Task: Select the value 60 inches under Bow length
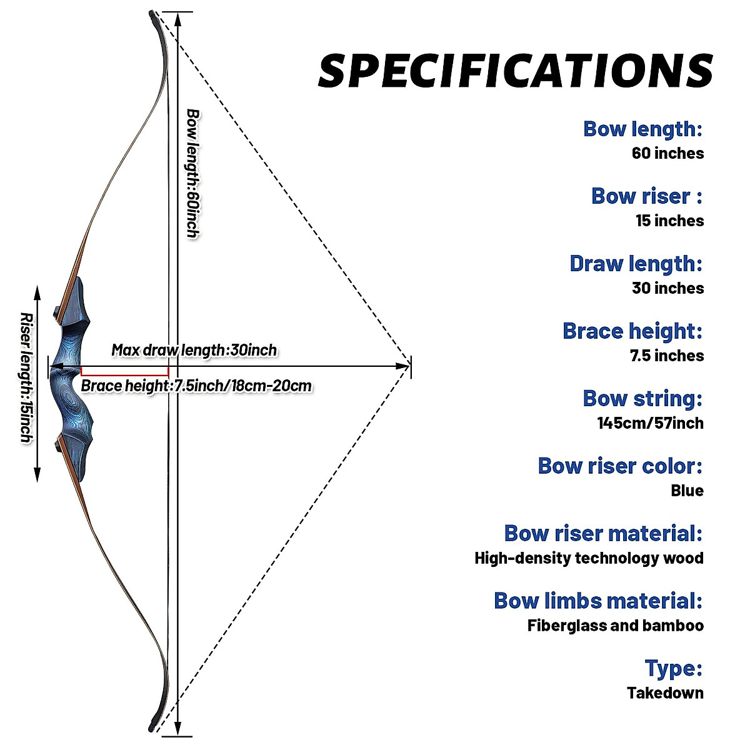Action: (667, 153)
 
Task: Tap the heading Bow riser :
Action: (646, 196)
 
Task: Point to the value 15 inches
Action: (669, 221)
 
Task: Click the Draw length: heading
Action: (636, 264)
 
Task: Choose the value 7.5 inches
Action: (666, 356)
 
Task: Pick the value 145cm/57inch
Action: (650, 423)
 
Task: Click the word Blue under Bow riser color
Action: (687, 491)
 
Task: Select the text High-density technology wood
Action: (589, 558)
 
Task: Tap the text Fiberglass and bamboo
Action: (615, 626)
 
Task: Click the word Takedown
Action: (665, 693)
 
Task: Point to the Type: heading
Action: (673, 668)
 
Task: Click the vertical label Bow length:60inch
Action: (193, 173)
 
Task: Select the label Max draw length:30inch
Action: (194, 350)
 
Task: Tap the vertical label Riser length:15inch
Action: (26, 377)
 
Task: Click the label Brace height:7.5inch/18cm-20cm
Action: (196, 386)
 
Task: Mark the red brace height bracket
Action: (124, 371)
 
